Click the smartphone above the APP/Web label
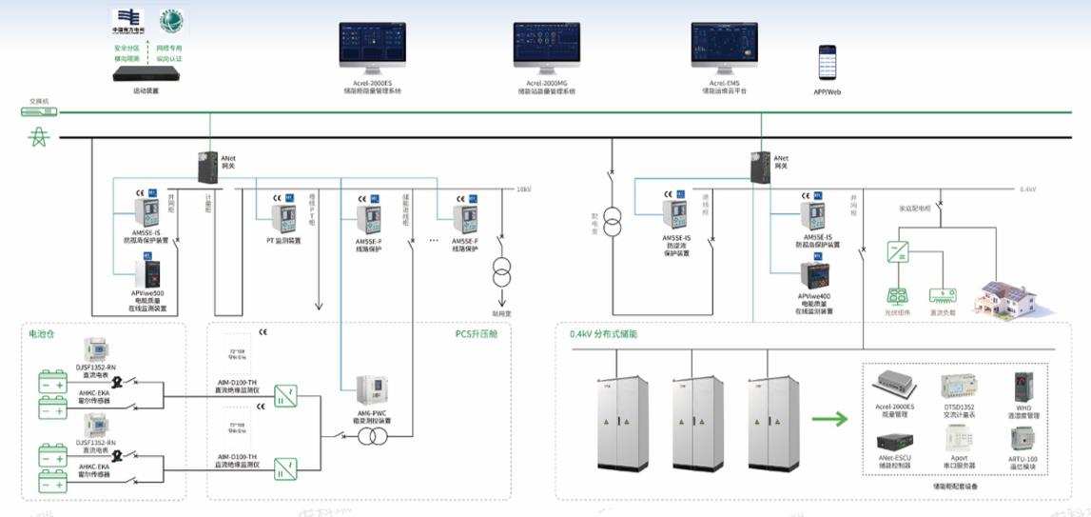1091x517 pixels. click(828, 63)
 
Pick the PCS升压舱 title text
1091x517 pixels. click(476, 334)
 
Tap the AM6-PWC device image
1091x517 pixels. click(372, 390)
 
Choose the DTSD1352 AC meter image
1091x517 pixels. click(959, 387)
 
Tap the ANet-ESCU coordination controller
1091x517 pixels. click(894, 442)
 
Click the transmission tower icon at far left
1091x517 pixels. click(38, 139)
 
